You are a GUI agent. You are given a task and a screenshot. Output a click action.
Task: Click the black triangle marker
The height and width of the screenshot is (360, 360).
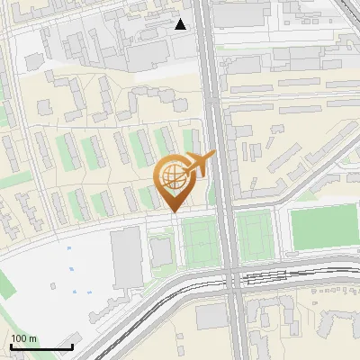tap(181, 24)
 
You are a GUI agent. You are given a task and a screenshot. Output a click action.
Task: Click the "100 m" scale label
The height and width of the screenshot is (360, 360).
tap(24, 338)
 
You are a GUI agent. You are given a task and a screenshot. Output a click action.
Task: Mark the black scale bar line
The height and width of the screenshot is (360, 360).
tap(40, 346)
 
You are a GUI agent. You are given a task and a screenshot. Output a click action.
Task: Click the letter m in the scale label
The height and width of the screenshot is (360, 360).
tap(33, 338)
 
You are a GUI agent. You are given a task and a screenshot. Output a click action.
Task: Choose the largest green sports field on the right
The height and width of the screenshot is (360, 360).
tap(325, 228)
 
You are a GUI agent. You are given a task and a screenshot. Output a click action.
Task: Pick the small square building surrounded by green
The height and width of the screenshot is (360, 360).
tap(161, 253)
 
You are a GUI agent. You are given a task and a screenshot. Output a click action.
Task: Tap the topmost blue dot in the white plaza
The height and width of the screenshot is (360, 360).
tap(69, 247)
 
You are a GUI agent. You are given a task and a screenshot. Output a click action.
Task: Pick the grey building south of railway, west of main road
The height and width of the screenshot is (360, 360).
tap(212, 316)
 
